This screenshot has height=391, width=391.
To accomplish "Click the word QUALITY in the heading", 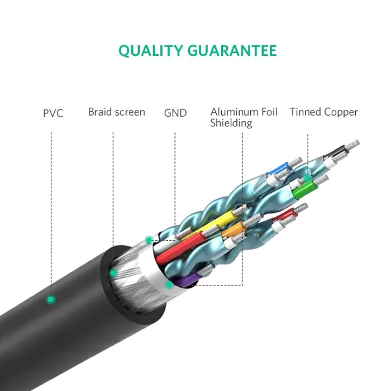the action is (150, 51).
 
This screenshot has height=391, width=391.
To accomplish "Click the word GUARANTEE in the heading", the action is (232, 51).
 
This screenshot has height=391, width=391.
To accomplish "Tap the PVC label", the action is (53, 113).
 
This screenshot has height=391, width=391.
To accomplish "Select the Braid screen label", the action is (117, 112).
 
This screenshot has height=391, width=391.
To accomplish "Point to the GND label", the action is (175, 113).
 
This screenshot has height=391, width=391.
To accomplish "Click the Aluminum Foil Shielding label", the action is (244, 117).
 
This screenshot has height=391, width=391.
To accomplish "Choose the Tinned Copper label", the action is (323, 112).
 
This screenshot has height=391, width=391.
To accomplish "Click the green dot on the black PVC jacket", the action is (51, 299).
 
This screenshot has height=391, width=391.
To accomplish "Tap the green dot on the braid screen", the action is (113, 273).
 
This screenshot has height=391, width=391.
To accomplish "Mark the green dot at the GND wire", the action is (149, 240).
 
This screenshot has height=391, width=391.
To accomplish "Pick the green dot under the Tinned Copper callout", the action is (307, 178).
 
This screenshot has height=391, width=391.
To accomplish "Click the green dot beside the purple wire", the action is (169, 284).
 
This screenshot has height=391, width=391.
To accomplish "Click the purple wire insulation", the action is (187, 279).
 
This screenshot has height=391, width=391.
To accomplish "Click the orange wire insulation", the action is (232, 230).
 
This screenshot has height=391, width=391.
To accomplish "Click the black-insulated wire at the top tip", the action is (337, 151).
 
